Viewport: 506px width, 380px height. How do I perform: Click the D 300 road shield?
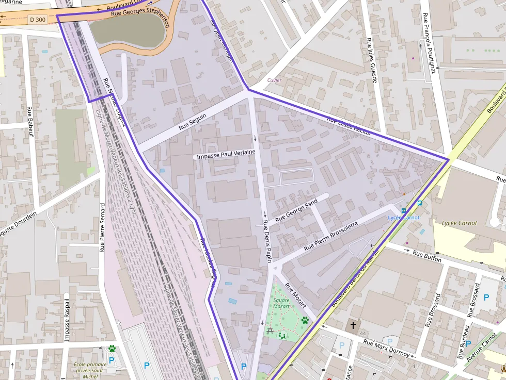[x=37, y=19]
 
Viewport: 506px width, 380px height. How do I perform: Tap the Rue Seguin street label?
[x=193, y=121]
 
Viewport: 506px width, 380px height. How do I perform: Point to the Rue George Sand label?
[x=296, y=211]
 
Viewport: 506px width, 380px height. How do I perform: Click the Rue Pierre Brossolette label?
[x=330, y=236]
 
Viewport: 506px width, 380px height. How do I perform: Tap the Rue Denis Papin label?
[x=267, y=241]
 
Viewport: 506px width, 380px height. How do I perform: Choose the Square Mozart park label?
[x=281, y=303]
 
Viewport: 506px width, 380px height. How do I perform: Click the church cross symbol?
[x=353, y=325]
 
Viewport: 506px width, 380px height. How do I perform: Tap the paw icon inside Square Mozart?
[x=305, y=320]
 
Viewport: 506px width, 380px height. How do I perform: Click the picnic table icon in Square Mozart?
[x=271, y=330]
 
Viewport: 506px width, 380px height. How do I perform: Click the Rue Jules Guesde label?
[x=372, y=60]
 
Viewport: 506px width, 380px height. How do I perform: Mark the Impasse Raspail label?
[x=67, y=320]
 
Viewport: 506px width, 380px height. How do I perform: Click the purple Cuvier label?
[x=274, y=80]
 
